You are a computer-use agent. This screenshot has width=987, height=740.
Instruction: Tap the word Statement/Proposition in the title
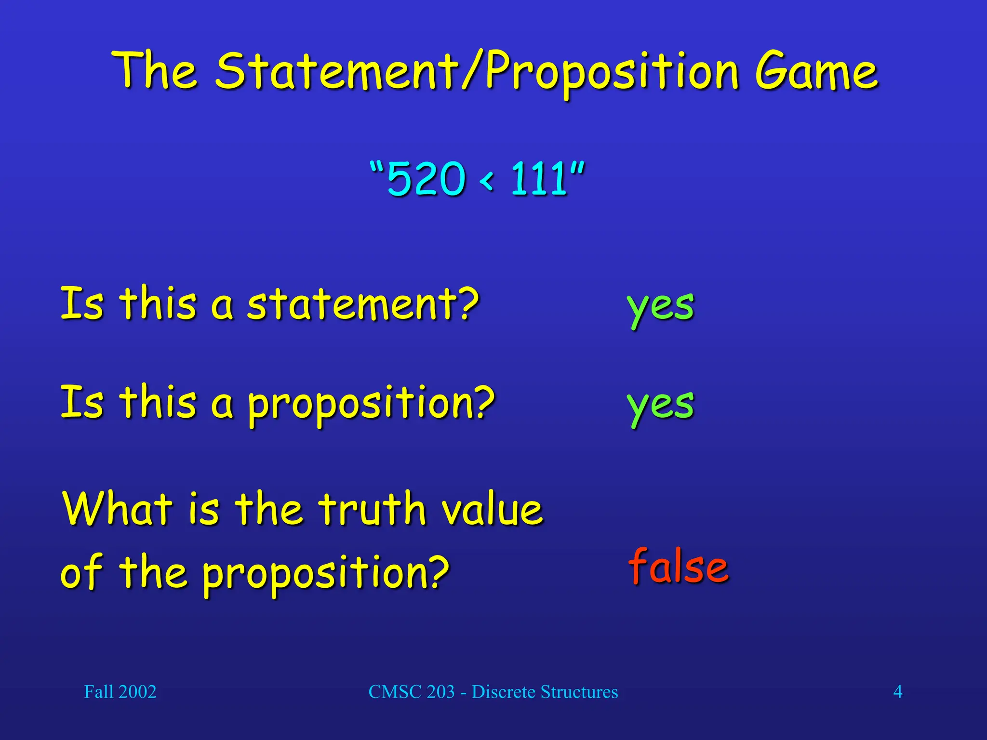476,72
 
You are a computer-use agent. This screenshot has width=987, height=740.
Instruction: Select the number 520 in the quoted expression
426,179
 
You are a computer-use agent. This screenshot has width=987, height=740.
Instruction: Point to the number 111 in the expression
539,179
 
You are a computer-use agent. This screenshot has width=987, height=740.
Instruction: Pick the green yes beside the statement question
660,307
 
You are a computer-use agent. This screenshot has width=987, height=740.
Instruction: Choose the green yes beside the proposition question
660,405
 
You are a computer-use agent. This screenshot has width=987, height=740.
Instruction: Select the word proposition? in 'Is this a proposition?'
371,404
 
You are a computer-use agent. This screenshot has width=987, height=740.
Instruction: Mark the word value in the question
493,509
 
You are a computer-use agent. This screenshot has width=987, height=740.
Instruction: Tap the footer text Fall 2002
120,692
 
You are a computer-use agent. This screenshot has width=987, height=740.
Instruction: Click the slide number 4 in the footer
897,692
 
